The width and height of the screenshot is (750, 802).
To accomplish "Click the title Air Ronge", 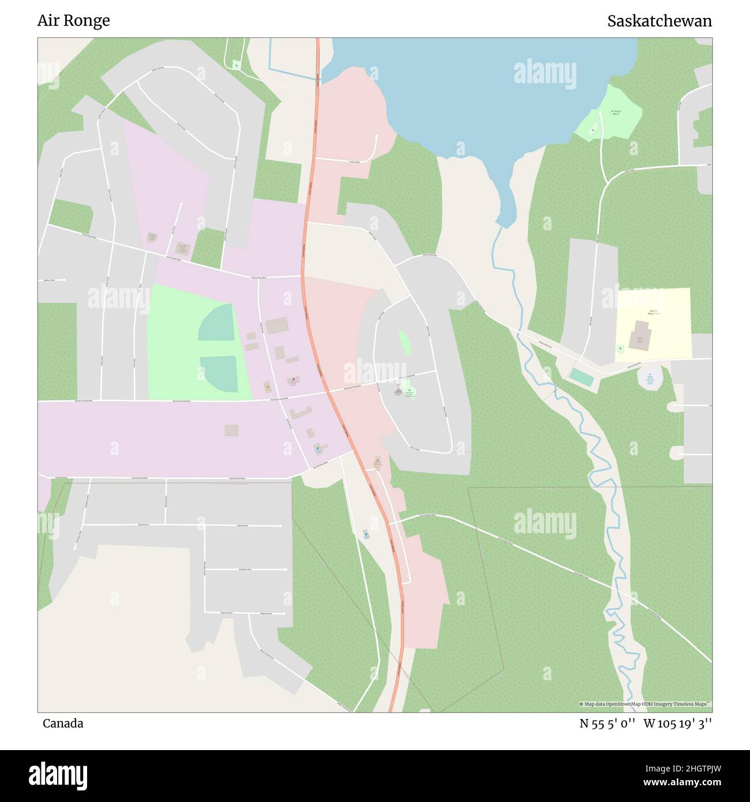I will pos(73,21).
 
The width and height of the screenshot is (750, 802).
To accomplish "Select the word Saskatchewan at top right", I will pos(659,21).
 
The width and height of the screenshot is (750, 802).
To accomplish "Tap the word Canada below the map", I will pos(63,724).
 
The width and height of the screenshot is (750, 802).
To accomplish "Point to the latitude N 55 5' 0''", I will pos(607,724).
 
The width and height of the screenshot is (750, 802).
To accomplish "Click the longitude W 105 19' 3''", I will pos(678,724).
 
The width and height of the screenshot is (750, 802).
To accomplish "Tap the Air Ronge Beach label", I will pos(616,112).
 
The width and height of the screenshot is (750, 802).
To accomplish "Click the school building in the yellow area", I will pos(640,335).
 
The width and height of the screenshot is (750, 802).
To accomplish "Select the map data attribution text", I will pos(645,704).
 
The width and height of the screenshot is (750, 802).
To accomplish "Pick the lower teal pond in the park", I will pos(219,373).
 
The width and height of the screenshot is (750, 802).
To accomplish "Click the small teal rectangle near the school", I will pos(581,377).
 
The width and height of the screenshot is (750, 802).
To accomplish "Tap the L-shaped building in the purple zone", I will pos(301,413).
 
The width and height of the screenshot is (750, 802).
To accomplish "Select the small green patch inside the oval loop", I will pos(405,343).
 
